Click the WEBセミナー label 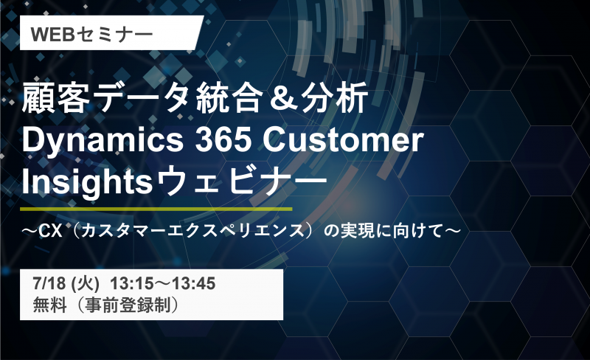91,34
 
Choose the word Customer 343,140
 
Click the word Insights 87,183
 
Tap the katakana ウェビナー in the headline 241,181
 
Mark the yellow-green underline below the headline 156,209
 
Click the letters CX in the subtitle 50,230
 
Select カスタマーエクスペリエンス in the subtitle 192,230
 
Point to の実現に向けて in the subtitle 383,230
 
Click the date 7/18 49,283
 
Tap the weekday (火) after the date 86,283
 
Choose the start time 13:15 126,283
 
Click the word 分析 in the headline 335,98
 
